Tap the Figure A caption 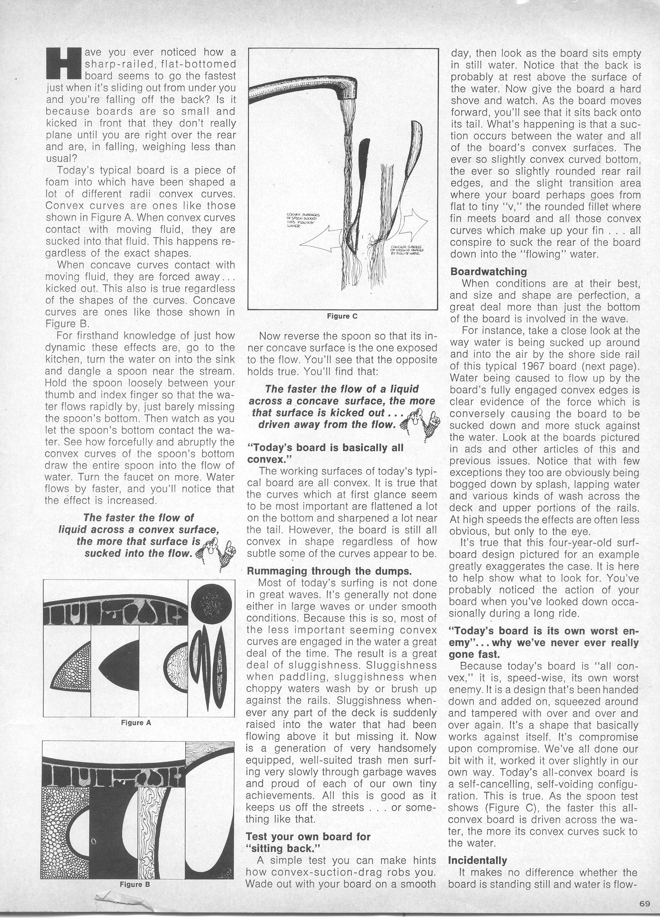click(136, 723)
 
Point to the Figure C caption click(342, 316)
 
